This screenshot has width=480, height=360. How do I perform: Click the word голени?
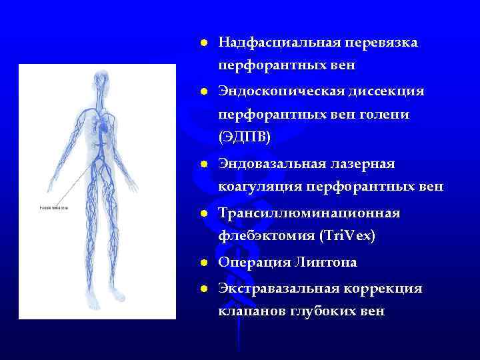[x=387, y=115]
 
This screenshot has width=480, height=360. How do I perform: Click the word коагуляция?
[x=261, y=187]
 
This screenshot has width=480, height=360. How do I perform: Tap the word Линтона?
[x=324, y=263]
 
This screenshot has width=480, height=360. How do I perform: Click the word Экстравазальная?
[x=280, y=289]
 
